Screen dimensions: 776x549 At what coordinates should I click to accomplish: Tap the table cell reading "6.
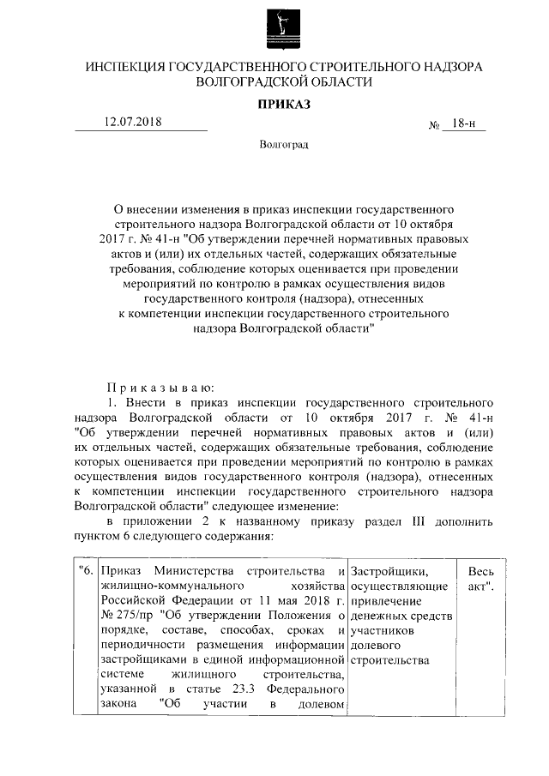point(85,571)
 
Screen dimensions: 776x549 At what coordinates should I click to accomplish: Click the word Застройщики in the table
point(391,571)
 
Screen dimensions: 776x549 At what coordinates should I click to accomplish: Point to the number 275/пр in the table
point(136,615)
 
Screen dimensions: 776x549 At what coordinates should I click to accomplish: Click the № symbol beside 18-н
point(433,125)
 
